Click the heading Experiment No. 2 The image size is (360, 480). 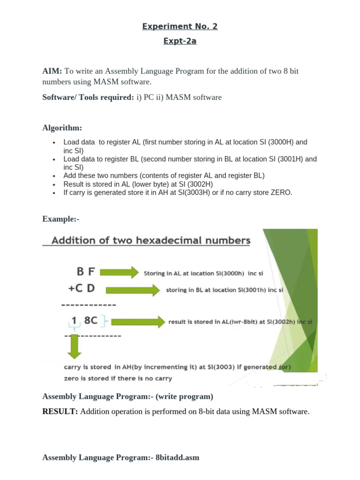click(180, 26)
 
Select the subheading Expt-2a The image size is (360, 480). click(180, 41)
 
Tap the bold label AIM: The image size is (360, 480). click(52, 71)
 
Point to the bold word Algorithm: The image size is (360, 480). click(62, 127)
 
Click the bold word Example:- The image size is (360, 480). click(60, 218)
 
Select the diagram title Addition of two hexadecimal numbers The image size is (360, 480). click(150, 241)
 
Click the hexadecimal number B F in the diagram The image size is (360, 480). click(86, 271)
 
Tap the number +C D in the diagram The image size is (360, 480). click(82, 289)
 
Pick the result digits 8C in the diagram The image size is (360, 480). click(90, 321)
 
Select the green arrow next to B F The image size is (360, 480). click(120, 272)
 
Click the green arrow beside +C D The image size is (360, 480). click(133, 290)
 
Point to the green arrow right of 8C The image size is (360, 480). click(138, 322)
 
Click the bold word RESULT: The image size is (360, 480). click(60, 412)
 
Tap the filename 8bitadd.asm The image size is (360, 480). click(177, 457)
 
